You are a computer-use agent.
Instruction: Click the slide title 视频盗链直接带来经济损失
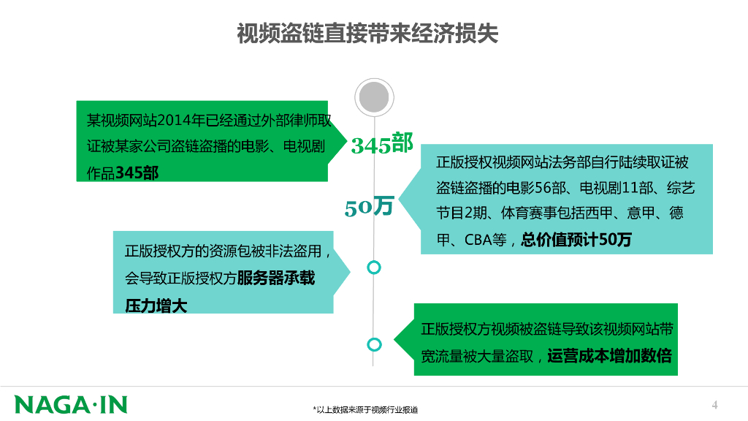[x=367, y=34]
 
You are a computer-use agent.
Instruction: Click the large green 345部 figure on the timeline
[x=381, y=144]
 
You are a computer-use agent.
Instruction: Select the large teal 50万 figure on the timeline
[x=369, y=208]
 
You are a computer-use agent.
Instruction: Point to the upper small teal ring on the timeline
[x=374, y=268]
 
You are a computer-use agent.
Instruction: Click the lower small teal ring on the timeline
[x=374, y=344]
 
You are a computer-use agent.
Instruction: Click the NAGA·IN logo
[x=71, y=404]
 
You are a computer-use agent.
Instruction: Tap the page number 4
[x=715, y=405]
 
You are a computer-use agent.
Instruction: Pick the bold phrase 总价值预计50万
[x=576, y=240]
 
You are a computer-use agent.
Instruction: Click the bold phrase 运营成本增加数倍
[x=608, y=357]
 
